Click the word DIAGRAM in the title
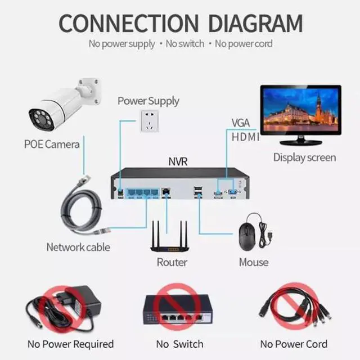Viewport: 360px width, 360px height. click(255, 24)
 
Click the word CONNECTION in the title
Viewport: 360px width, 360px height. click(129, 24)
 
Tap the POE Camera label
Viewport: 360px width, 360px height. click(52, 144)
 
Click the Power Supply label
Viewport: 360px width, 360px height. click(148, 101)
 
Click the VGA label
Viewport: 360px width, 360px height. click(241, 123)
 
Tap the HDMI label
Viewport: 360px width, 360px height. click(246, 137)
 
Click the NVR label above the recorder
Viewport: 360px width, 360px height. click(178, 162)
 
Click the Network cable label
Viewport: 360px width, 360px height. click(78, 247)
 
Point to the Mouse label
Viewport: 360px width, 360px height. click(254, 262)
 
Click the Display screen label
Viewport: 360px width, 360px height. click(304, 157)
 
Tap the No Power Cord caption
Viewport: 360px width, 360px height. click(294, 344)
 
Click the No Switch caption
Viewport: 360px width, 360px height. click(179, 344)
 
